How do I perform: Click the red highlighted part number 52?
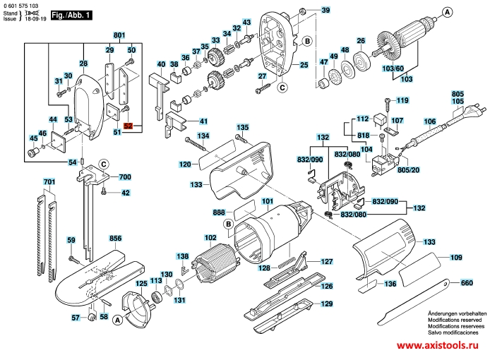click(x=128, y=126)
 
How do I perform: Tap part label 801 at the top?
click(x=119, y=35)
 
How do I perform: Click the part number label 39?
click(x=325, y=11)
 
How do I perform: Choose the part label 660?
click(x=466, y=283)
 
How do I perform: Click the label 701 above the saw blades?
click(x=49, y=183)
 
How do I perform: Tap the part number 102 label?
click(x=210, y=237)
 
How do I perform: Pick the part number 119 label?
click(x=402, y=100)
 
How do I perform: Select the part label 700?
click(x=124, y=176)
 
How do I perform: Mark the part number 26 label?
click(x=360, y=41)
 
